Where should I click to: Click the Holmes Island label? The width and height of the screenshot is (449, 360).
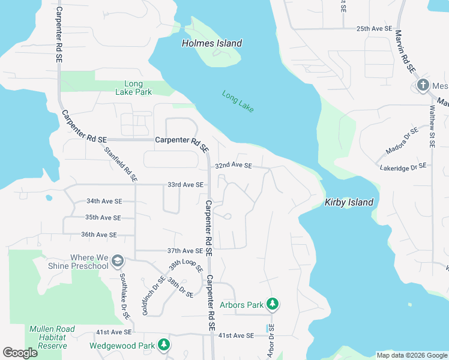[x=212, y=43]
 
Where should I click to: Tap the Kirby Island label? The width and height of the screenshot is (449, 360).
[x=349, y=202]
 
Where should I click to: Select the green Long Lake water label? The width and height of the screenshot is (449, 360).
[x=238, y=100]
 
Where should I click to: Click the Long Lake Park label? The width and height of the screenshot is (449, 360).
[x=133, y=88]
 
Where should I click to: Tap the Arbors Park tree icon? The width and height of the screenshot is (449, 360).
[x=273, y=305]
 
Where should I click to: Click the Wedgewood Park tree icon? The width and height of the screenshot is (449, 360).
[x=163, y=345]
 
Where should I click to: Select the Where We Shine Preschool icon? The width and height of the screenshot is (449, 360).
[x=118, y=260]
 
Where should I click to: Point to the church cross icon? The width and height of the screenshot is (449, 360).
[x=423, y=85]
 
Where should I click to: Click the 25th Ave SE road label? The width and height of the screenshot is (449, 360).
[x=373, y=28]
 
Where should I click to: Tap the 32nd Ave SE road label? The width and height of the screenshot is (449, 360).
[x=234, y=166]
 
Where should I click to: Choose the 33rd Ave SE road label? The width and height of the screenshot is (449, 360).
[x=186, y=185]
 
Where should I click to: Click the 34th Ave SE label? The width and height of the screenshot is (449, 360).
[x=104, y=201]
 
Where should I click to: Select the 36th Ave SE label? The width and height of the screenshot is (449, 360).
[x=99, y=235]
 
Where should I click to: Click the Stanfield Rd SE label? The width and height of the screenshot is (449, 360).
[x=121, y=165]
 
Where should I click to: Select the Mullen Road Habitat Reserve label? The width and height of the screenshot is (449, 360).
[x=47, y=337]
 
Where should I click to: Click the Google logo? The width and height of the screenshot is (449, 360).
[x=20, y=353]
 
